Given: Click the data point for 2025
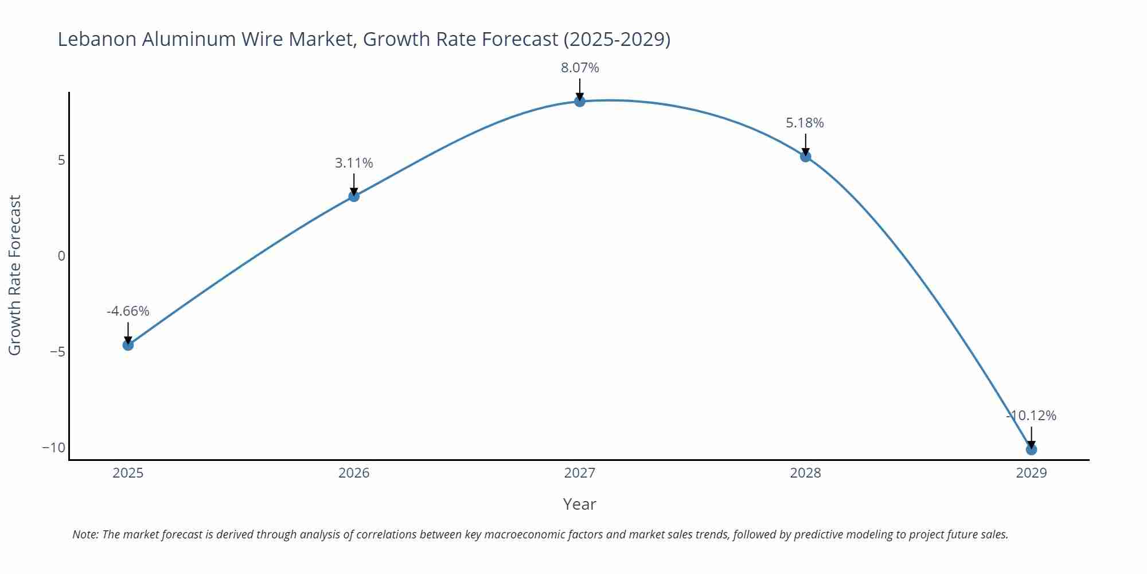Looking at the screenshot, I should click(128, 345).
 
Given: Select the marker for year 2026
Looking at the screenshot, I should click(354, 196).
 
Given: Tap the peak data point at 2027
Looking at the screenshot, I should click(580, 102).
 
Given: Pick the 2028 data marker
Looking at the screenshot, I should click(805, 157).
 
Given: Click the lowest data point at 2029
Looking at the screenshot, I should click(1031, 449).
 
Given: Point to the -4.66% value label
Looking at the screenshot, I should click(128, 311).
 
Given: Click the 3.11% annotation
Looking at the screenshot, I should click(354, 163).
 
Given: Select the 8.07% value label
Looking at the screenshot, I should click(580, 68).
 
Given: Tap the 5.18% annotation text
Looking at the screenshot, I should click(805, 123).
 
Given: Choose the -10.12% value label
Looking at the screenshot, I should click(1031, 416).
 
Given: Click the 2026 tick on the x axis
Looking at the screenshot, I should click(354, 473).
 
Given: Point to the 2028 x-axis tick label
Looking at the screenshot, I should click(805, 473).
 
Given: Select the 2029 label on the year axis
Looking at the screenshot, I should click(1031, 473).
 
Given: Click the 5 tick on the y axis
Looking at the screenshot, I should click(61, 160).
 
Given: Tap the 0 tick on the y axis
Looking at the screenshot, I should click(61, 256).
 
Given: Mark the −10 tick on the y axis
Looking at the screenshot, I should click(54, 448).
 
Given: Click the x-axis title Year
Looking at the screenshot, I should click(579, 504).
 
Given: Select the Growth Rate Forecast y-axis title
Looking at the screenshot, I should click(15, 275).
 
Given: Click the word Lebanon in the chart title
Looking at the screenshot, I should click(97, 39).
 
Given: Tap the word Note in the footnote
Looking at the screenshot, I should click(84, 534).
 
